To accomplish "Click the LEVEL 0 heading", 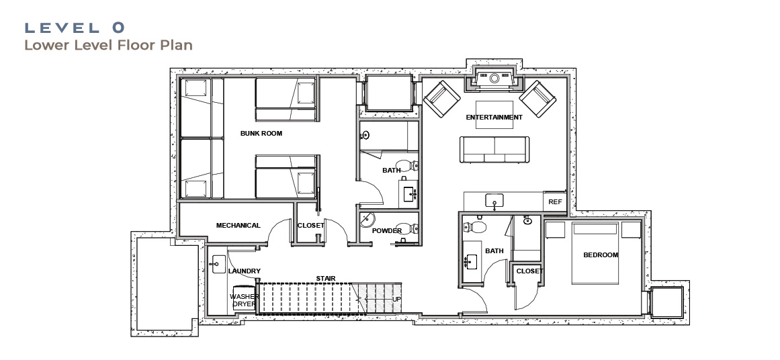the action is click(75, 28).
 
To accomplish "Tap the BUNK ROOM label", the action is click(261, 133).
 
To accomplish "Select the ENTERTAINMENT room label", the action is click(494, 118).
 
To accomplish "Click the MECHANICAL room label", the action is click(239, 225).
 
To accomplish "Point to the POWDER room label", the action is click(387, 231).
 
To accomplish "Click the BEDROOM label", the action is click(601, 255).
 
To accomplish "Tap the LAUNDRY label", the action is click(245, 271).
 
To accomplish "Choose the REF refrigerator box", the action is click(555, 201).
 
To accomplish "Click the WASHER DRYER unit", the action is click(243, 298).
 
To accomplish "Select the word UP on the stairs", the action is click(396, 300).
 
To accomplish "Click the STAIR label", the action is click(326, 279).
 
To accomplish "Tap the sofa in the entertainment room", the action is click(494, 150).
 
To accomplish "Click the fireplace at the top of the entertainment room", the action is click(494, 79).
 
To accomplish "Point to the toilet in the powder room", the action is click(410, 230).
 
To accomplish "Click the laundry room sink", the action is click(218, 264).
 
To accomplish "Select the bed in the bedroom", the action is click(595, 253).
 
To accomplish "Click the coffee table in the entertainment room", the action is click(494, 114).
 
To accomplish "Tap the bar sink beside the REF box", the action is click(494, 201).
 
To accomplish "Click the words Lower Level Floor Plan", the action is click(108, 45).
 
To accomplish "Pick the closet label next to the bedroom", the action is click(530, 271).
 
